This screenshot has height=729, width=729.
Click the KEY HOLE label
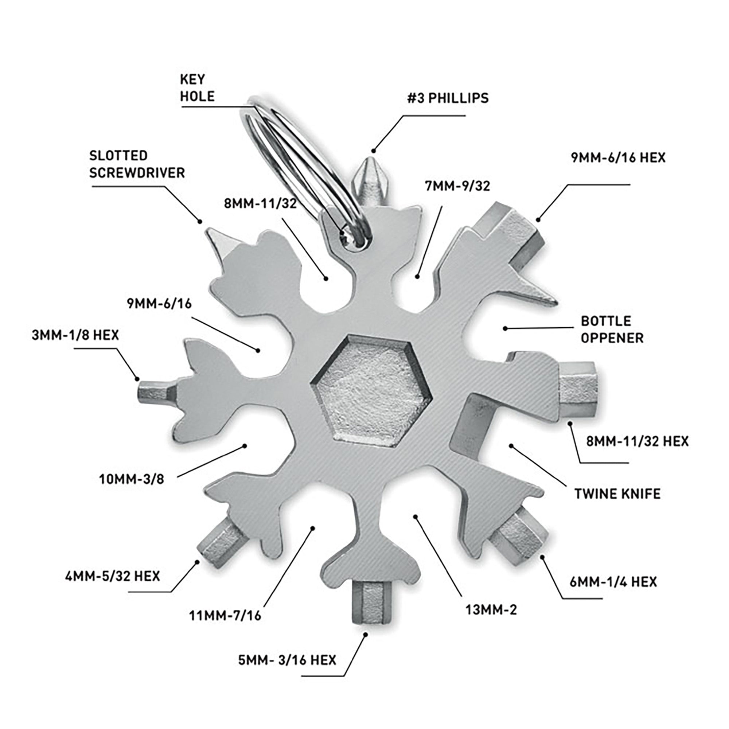pos(197,88)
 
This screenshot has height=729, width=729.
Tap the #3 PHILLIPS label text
pos(448,98)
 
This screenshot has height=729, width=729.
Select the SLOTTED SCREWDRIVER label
pos(137,164)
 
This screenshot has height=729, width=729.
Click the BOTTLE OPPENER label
pos(612,330)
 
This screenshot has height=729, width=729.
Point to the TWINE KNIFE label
pos(617,494)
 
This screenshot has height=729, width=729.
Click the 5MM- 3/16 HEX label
pos(287,660)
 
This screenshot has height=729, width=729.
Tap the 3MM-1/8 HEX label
pos(75,335)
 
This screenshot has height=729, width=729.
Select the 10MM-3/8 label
pos(131,480)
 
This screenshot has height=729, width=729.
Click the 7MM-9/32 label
pos(457,186)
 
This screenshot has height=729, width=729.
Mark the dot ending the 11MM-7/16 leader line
pos(312,528)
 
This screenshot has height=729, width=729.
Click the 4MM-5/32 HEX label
pos(112,576)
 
